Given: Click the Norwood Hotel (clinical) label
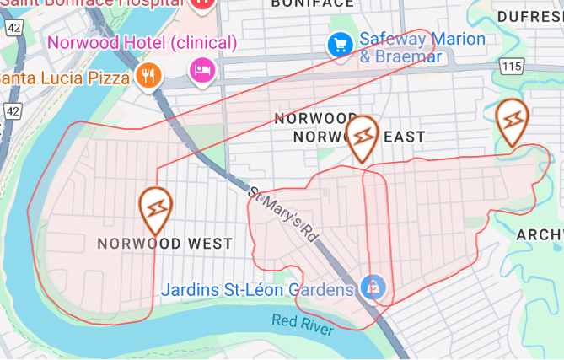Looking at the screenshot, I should (x=142, y=41).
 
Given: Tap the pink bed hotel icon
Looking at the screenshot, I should (x=202, y=69).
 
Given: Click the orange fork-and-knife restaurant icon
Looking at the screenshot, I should (x=148, y=76).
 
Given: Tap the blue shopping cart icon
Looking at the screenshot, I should (x=340, y=44).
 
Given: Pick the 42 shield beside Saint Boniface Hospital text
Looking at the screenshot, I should (x=13, y=27).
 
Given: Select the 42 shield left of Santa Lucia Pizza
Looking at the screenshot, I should (x=12, y=110).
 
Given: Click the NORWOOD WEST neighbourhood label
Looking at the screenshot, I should (x=164, y=244).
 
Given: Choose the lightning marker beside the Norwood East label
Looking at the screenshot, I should (x=363, y=137).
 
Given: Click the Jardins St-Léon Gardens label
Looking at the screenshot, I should (x=257, y=290).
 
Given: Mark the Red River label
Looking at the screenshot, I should (x=301, y=324).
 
